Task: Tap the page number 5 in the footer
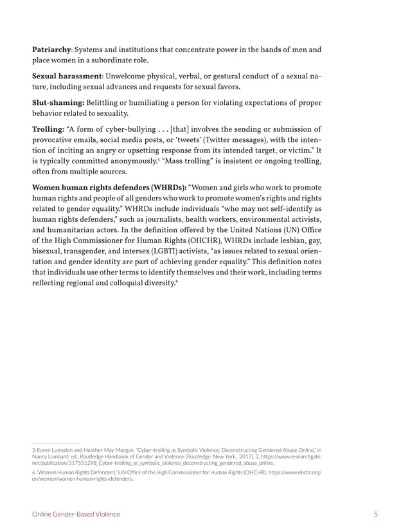point(375,514)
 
